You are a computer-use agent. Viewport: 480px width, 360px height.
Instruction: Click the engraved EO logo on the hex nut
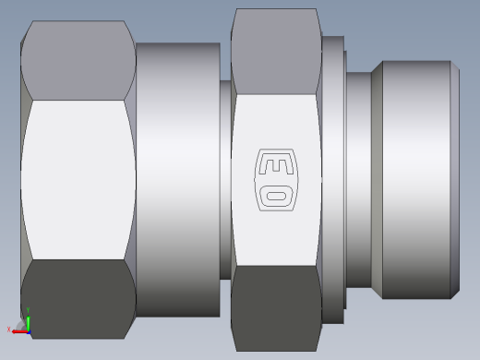[x=276, y=180]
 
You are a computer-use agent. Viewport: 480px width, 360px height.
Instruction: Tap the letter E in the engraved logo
[x=276, y=166]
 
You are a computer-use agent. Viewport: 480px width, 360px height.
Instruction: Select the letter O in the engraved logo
[x=276, y=196]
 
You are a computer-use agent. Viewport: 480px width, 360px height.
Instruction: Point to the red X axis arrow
[x=20, y=331]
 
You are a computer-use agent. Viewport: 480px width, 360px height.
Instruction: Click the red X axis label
[x=8, y=330]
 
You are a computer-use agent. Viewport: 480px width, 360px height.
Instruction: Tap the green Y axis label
[x=28, y=310]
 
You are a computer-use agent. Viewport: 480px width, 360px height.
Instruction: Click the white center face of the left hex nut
[x=78, y=180]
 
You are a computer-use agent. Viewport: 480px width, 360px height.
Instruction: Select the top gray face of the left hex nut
[x=78, y=60]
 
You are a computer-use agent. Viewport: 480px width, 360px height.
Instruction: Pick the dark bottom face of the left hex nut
[x=78, y=299]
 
